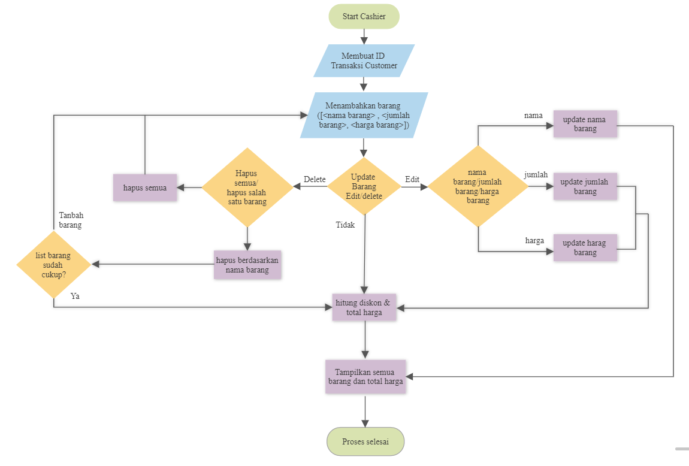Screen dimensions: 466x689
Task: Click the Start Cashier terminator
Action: [364, 17]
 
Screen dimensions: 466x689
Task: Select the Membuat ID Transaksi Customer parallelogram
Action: [364, 60]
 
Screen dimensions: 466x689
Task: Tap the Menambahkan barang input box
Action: [364, 116]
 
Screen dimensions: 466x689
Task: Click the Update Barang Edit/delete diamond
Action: [364, 186]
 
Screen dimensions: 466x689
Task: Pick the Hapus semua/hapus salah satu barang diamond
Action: [247, 187]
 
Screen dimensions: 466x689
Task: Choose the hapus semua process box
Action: [145, 187]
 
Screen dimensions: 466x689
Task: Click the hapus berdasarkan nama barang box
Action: [247, 264]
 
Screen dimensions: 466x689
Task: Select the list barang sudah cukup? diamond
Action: [53, 264]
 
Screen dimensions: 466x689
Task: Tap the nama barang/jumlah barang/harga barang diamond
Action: [478, 187]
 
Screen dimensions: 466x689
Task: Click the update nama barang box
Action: [585, 124]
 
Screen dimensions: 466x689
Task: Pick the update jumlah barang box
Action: [585, 186]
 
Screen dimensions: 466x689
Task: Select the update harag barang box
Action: [585, 247]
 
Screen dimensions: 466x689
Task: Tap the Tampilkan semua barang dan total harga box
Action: [365, 376]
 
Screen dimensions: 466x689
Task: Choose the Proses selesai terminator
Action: [365, 441]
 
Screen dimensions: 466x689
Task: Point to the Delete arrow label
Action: [315, 179]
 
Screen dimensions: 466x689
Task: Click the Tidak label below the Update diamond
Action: [345, 225]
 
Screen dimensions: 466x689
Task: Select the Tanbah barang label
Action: [71, 220]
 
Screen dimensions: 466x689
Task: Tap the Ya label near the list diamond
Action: [75, 296]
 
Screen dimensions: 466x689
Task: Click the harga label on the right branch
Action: [534, 241]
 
